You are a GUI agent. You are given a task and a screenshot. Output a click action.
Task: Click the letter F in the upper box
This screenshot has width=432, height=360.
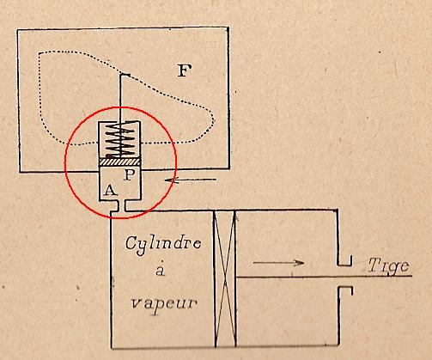pos(185,70)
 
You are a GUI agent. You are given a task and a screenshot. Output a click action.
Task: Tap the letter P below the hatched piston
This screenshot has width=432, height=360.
pos(129,174)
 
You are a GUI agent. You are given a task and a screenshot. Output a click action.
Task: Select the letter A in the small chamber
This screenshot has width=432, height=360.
pos(111,190)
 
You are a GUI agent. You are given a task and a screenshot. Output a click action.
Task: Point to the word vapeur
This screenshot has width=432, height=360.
pos(164,304)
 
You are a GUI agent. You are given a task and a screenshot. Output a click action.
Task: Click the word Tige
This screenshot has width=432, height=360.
pos(388,266)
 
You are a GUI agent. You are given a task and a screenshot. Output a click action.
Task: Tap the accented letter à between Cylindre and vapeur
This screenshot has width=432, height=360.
pos(161,269)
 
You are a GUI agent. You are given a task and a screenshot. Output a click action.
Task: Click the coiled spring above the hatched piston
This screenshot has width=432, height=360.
pos(120,139)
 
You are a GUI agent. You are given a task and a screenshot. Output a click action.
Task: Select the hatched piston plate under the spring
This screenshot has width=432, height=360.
pos(119,162)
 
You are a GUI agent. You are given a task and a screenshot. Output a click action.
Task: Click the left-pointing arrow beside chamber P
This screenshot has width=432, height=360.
pos(191,180)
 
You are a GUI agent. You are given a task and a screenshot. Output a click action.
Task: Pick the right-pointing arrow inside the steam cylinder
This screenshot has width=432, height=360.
pos(278,262)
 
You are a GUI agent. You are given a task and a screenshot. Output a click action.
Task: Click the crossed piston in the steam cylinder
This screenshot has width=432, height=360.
pos(225,278)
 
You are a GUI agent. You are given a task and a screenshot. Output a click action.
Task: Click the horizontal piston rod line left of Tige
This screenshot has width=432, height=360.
pos(324,277)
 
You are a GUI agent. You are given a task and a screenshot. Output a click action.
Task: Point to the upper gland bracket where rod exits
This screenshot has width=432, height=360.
pos(344,261)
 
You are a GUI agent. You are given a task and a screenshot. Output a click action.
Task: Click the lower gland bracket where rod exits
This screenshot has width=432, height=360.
pos(345,290)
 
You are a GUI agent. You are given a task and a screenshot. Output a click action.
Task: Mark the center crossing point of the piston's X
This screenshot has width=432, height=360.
pos(226,278)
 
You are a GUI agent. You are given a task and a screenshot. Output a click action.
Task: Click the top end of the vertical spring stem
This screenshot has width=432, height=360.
pos(120,75)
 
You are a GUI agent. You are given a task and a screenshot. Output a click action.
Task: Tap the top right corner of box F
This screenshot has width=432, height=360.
pos(228,27)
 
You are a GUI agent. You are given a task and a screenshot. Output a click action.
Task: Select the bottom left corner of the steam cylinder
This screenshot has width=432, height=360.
pos(112,348)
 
